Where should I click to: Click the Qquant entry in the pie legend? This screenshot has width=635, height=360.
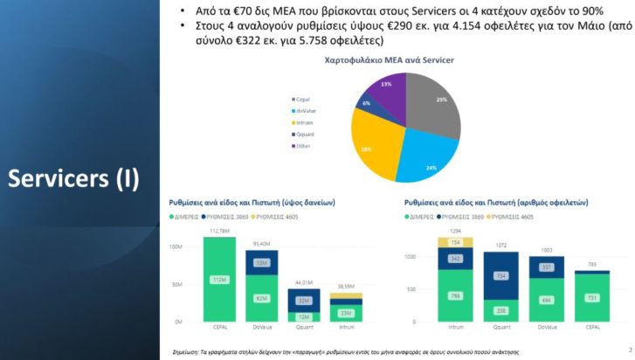305,135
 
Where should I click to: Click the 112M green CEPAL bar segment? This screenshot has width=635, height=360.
219,280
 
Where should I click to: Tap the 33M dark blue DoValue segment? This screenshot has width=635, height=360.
260,262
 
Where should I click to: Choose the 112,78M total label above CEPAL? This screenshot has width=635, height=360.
219,232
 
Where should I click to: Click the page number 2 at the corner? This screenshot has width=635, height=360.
630,351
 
